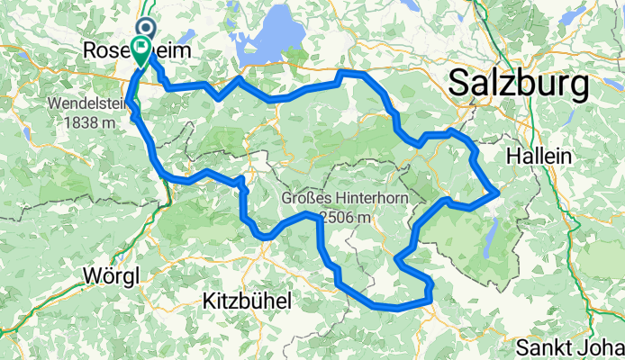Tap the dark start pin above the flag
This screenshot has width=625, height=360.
[146, 29]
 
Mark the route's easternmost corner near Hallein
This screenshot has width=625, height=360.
[498, 192]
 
